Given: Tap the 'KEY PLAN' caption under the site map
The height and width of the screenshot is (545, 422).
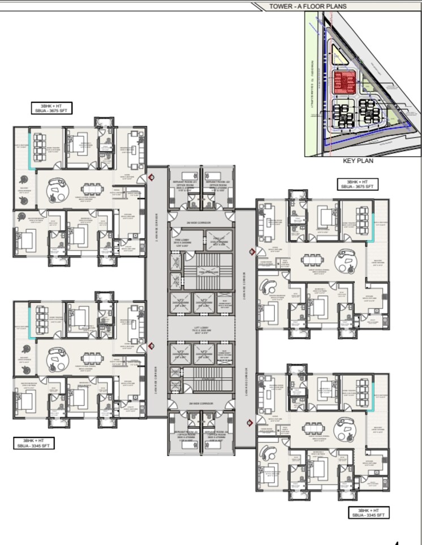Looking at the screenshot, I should point(359,161).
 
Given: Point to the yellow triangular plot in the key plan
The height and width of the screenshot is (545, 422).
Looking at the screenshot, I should point(338,55).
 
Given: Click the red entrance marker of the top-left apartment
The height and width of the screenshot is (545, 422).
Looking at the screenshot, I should point(151,178).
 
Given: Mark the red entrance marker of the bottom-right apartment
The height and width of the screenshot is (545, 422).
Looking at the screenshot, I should point(250,422).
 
